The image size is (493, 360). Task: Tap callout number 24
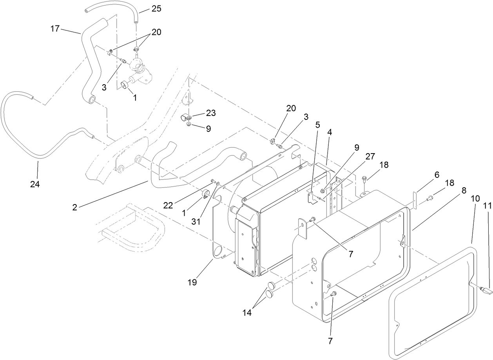(35, 184)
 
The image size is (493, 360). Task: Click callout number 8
(464, 190)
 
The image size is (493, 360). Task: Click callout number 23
(211, 112)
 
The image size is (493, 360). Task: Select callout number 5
(317, 125)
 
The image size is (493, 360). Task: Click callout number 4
(330, 133)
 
